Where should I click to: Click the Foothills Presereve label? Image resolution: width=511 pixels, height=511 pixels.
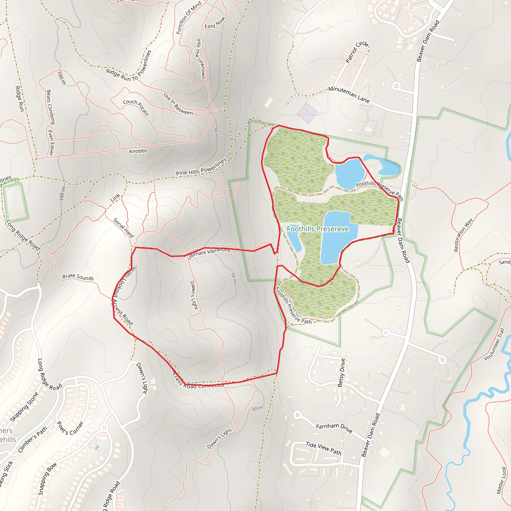pyautogui.click(x=318, y=229)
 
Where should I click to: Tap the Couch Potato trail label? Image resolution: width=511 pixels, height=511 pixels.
pyautogui.click(x=136, y=107)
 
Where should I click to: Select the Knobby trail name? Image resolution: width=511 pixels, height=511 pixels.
pyautogui.click(x=138, y=151)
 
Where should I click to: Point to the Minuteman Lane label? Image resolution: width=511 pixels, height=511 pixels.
pyautogui.click(x=349, y=94)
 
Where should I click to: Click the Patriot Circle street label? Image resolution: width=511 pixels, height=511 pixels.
pyautogui.click(x=357, y=52)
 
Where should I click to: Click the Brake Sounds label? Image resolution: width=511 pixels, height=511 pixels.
pyautogui.click(x=78, y=277)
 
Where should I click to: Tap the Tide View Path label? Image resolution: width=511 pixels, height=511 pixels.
pyautogui.click(x=323, y=448)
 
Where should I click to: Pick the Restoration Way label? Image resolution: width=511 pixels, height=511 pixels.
pyautogui.click(x=463, y=235)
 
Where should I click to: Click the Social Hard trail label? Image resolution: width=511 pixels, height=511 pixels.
pyautogui.click(x=124, y=228)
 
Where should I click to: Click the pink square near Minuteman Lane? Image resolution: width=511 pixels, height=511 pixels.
pyautogui.click(x=307, y=113)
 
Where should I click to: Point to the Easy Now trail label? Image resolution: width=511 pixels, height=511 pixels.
pyautogui.click(x=215, y=23)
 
